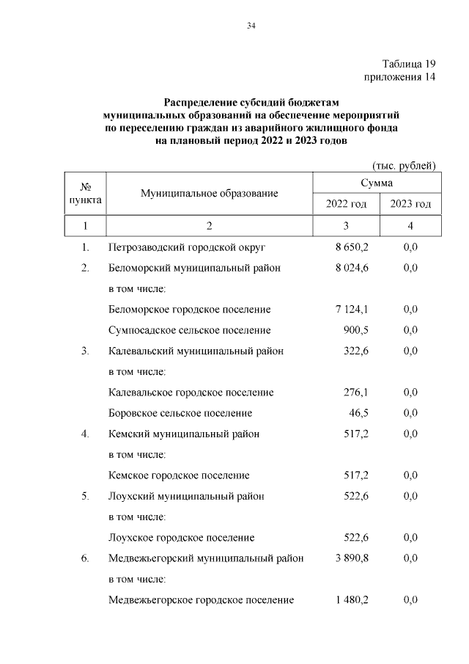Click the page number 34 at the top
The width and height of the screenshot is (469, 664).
pos(251,26)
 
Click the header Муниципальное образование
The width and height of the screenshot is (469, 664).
pos(210,193)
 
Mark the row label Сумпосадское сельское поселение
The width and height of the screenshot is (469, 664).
pos(189,330)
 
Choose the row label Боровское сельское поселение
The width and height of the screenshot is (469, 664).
pos(180,413)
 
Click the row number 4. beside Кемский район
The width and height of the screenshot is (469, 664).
pos(85,434)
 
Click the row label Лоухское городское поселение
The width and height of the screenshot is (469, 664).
pos(181,538)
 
